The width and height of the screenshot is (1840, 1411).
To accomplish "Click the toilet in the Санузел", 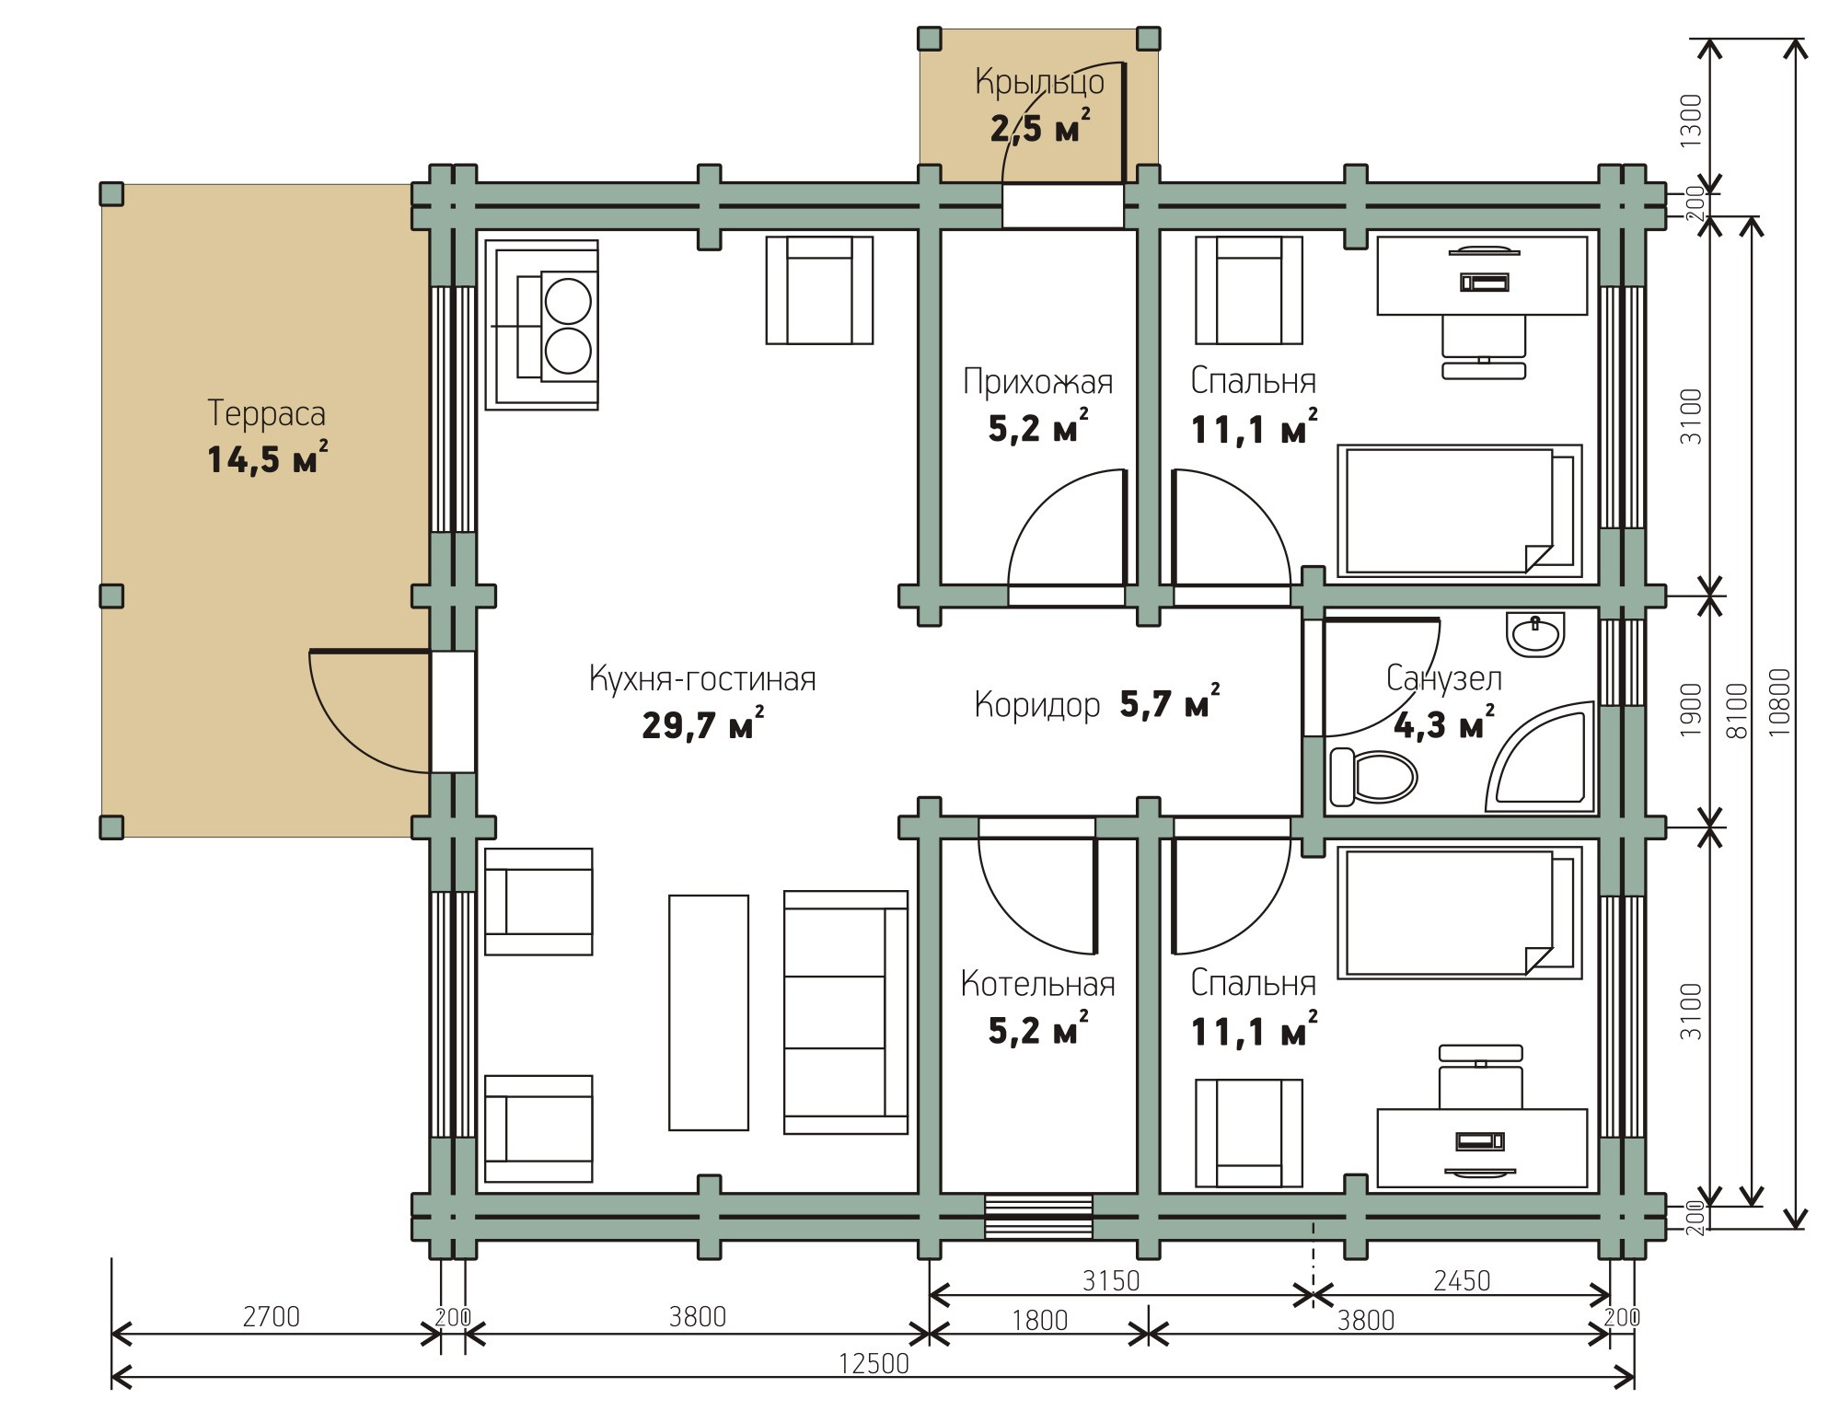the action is (1372, 778).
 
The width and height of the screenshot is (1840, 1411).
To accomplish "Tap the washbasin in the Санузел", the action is (1535, 634).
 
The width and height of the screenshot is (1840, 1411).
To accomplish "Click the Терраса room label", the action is (267, 414).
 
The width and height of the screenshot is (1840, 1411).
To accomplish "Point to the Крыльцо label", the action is (1040, 83).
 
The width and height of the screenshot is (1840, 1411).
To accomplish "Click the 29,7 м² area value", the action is (702, 724).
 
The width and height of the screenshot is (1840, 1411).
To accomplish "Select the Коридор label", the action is (1037, 705).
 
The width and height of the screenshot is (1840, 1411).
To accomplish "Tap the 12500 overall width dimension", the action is (874, 1363).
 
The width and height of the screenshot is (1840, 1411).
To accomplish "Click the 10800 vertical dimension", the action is (1779, 701).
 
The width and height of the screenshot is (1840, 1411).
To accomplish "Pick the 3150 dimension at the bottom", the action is (1111, 1280).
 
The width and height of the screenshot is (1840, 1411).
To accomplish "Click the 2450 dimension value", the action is (1462, 1280).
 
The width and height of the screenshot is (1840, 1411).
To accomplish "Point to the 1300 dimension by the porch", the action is (1692, 121).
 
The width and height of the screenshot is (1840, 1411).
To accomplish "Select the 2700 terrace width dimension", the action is (272, 1317).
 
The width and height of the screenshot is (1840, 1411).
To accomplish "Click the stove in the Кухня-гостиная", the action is (542, 325).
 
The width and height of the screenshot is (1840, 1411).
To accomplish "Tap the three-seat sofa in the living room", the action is (846, 1012).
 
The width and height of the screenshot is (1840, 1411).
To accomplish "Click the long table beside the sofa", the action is (709, 1012).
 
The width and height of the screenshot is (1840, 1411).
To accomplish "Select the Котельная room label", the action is (1038, 985).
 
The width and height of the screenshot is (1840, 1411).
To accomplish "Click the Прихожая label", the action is (1038, 381).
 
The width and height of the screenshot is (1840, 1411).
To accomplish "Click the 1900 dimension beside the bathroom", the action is (1692, 710).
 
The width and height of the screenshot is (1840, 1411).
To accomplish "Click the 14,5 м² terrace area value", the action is (267, 458).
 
